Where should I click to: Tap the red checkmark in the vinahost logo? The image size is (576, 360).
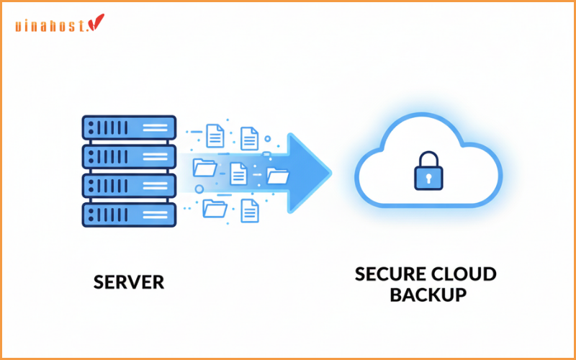click(97, 23)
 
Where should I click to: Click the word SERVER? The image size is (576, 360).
click(129, 282)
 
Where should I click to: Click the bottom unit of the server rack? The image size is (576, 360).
click(129, 213)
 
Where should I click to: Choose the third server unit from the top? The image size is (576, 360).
click(129, 185)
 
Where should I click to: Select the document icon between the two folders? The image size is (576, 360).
click(238, 171)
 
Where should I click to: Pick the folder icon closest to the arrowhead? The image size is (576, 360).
click(277, 175)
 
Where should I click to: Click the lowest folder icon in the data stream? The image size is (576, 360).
click(215, 209)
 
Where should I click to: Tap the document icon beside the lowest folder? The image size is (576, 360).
click(250, 210)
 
